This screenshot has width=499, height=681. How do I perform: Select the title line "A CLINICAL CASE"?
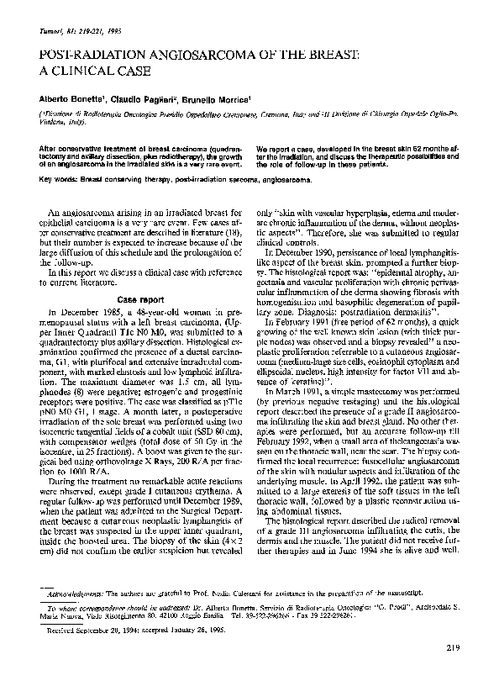[91, 73]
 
